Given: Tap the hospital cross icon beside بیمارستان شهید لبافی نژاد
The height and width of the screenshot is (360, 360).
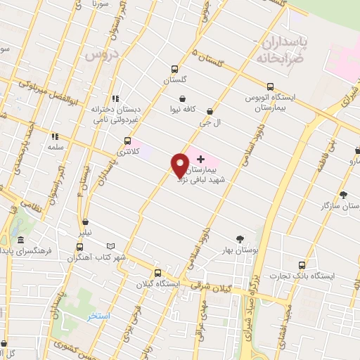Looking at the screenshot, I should [200, 159].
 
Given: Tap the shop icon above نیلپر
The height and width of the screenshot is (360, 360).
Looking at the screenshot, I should [85, 222].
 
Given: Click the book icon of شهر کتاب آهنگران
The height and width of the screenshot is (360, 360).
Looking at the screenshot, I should [79, 247].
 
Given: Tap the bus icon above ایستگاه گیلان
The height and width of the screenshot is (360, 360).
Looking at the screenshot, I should [157, 274].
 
